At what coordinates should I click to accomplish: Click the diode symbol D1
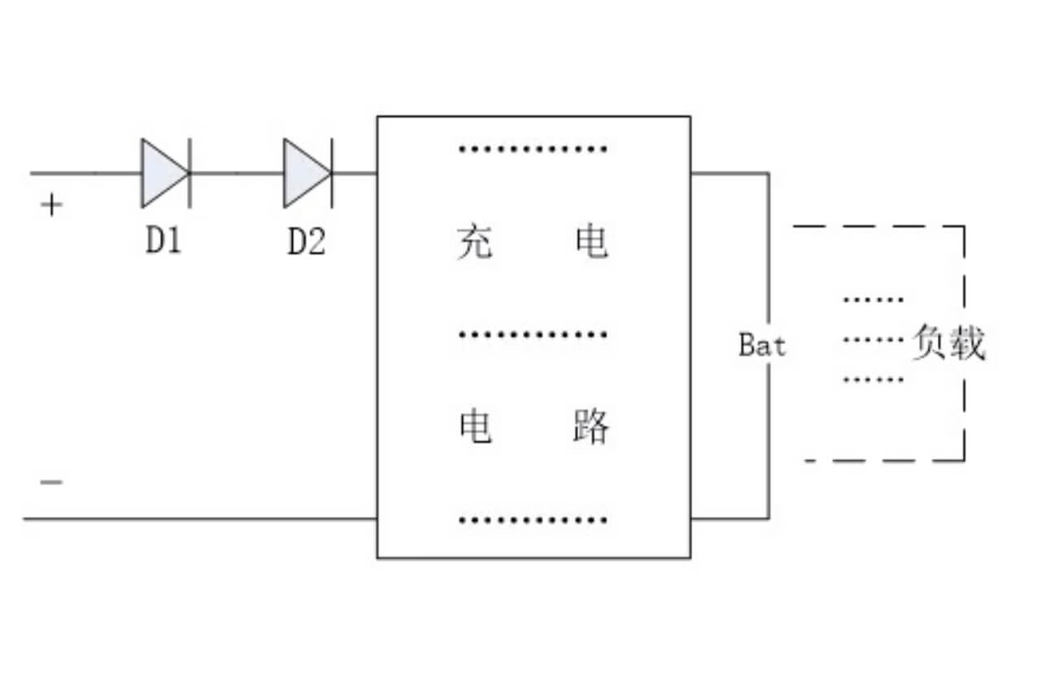[165, 172]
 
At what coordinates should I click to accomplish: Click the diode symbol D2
[307, 172]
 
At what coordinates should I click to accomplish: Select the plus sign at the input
[51, 206]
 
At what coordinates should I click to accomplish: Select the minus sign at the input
[51, 482]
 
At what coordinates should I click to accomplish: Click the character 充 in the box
[475, 242]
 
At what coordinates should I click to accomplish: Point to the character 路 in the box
[590, 427]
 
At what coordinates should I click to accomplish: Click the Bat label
[762, 345]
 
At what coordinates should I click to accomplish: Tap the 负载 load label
[947, 343]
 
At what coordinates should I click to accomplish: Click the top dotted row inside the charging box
[533, 149]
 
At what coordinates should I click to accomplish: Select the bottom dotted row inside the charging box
[533, 519]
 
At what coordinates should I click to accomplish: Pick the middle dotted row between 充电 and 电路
[533, 334]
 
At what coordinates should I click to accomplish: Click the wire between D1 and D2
[236, 172]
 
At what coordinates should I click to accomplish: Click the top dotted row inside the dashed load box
[873, 299]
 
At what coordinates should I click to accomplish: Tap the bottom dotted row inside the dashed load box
[873, 379]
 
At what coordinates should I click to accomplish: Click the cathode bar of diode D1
[190, 172]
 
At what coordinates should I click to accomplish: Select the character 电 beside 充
[590, 242]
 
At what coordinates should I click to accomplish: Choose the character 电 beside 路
[476, 427]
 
